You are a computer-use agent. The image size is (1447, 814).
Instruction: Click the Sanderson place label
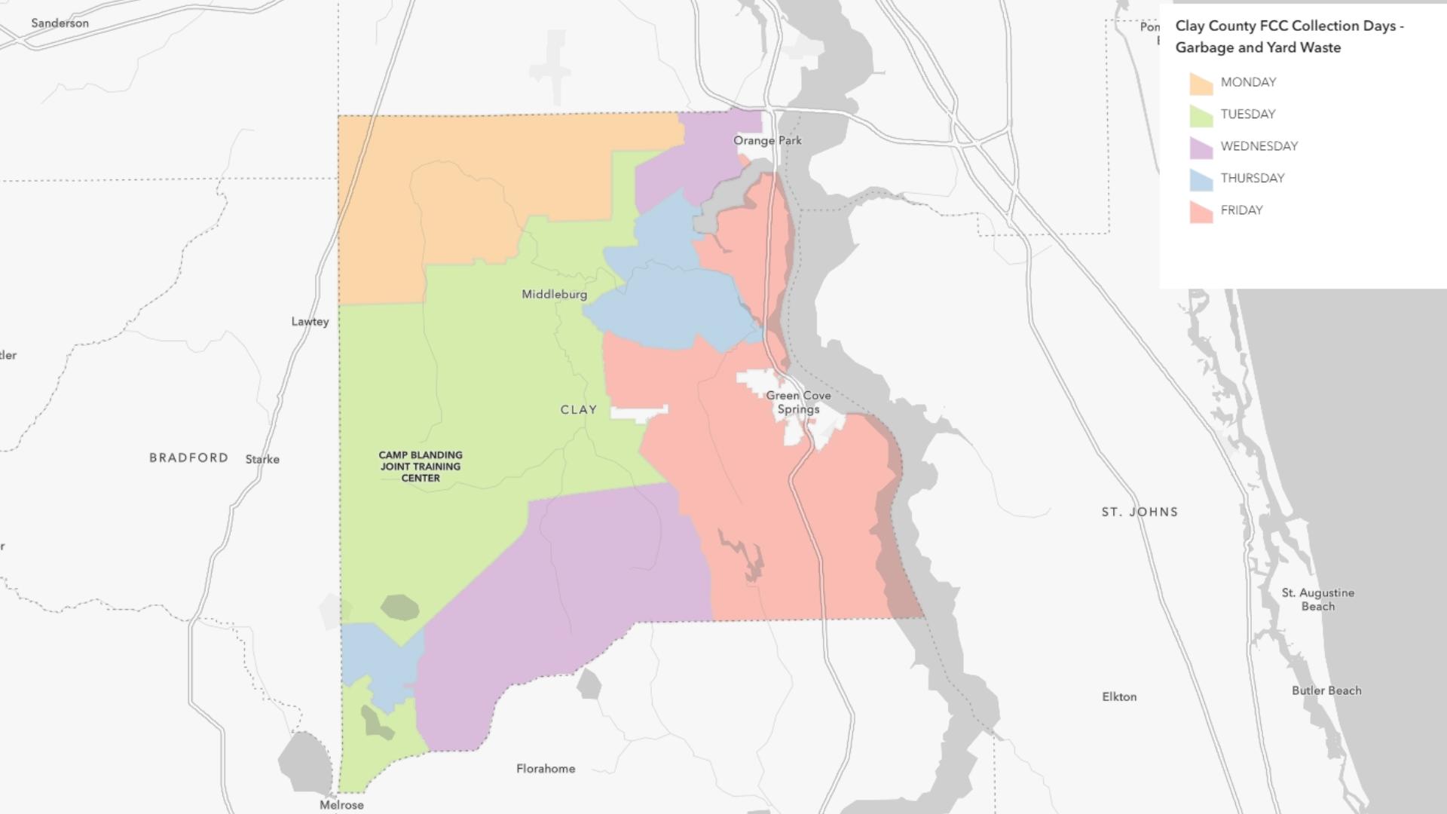click(x=60, y=23)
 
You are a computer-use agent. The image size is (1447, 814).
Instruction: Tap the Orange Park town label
click(x=767, y=141)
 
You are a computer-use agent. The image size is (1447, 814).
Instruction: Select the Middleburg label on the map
click(x=554, y=295)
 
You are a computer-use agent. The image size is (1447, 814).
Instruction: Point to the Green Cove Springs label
click(x=798, y=402)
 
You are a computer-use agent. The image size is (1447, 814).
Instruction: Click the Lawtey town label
click(x=310, y=322)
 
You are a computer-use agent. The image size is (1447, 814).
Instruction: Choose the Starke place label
click(x=262, y=459)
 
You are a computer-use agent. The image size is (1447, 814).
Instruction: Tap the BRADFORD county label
click(x=188, y=457)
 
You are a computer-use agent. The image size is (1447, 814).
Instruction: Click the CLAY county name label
click(x=579, y=410)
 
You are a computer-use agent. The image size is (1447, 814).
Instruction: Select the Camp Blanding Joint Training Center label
click(x=421, y=467)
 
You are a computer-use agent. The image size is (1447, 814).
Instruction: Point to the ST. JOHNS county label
click(x=1140, y=512)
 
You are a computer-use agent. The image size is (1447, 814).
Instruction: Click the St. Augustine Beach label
click(x=1317, y=600)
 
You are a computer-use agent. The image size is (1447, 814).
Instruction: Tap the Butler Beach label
click(x=1326, y=690)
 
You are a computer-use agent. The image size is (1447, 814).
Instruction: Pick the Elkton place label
click(x=1119, y=697)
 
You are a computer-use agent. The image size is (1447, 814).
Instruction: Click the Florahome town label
click(x=546, y=769)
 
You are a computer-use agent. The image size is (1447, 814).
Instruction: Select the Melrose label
click(x=341, y=805)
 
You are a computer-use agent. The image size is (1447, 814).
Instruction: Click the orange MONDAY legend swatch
click(x=1201, y=84)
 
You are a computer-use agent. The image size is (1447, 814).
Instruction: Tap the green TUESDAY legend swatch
click(x=1201, y=115)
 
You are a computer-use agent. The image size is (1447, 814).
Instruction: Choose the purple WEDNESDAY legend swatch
click(x=1201, y=148)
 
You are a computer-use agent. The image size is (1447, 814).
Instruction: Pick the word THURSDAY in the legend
click(x=1253, y=179)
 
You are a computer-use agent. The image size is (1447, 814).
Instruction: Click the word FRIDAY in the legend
click(x=1241, y=210)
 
